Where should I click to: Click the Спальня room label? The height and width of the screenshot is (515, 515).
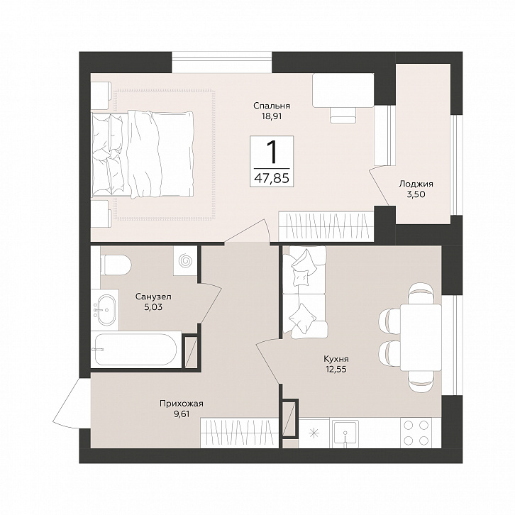[271, 106]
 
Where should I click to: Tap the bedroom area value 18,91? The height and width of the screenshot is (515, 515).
[272, 116]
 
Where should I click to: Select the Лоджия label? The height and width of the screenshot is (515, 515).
[416, 184]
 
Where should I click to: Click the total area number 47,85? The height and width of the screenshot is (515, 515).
[272, 178]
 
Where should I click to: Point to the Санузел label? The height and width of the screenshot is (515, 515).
[153, 297]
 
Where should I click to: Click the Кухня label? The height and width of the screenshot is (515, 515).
[336, 359]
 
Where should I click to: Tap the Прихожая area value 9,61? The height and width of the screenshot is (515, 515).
[182, 414]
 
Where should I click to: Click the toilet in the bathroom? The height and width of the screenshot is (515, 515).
[116, 265]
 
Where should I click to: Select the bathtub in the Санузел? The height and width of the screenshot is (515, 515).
[135, 350]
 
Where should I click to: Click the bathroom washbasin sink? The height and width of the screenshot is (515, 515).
[105, 310]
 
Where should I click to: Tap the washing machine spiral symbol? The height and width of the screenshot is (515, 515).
[185, 260]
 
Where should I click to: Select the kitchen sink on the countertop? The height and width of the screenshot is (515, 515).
[345, 433]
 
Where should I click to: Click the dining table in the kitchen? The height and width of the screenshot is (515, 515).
[421, 338]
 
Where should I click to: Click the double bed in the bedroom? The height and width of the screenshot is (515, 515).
[142, 155]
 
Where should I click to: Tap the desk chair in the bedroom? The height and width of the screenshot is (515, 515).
[343, 116]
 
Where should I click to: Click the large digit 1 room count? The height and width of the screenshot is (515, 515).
[272, 153]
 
